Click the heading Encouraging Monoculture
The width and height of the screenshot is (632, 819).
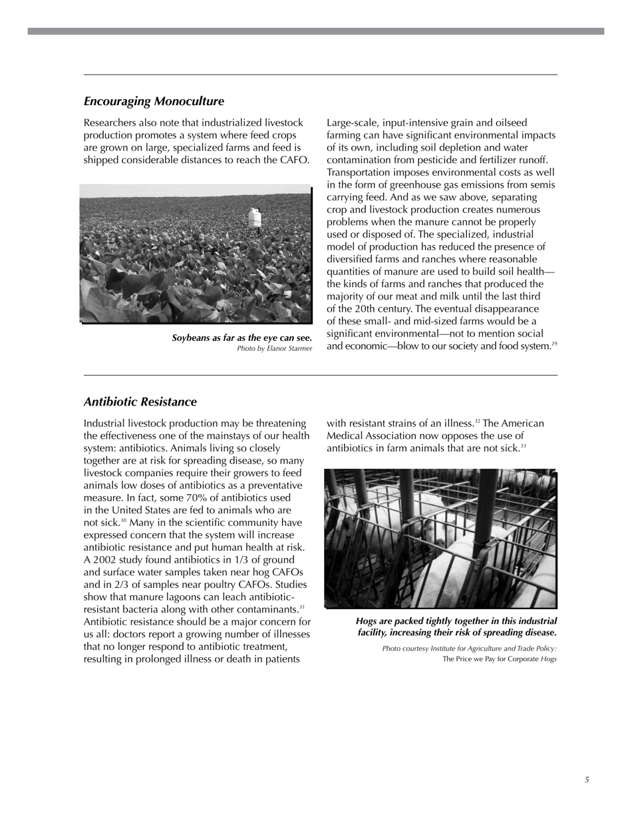tap(154, 101)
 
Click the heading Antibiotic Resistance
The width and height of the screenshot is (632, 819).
tap(140, 402)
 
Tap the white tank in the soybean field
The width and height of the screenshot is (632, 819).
tap(253, 217)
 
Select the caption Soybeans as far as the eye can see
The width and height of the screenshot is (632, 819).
tap(241, 338)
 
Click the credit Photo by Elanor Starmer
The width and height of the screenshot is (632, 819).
tap(274, 348)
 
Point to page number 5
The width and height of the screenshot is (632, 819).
tap(587, 780)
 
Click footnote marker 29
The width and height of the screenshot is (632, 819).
tap(554, 344)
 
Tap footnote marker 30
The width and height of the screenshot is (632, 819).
tap(124, 520)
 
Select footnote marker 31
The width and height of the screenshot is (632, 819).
tap(302, 607)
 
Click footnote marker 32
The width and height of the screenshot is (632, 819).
tap(477, 421)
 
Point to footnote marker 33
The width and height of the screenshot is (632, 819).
tap(523, 446)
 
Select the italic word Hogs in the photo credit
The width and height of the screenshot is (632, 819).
tap(548, 659)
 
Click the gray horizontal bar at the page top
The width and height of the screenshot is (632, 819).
tap(316, 31)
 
